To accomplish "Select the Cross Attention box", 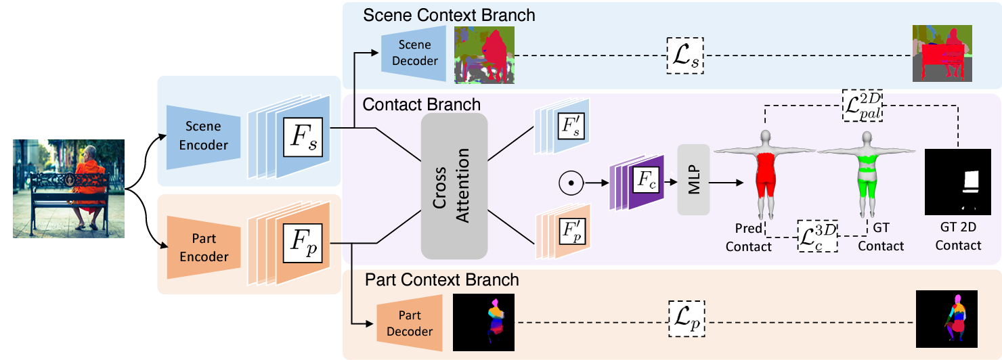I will [x=454, y=185].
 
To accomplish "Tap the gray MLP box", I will [x=693, y=181].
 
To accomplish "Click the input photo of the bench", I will [x=68, y=188].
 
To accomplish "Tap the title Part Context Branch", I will [x=442, y=279].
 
